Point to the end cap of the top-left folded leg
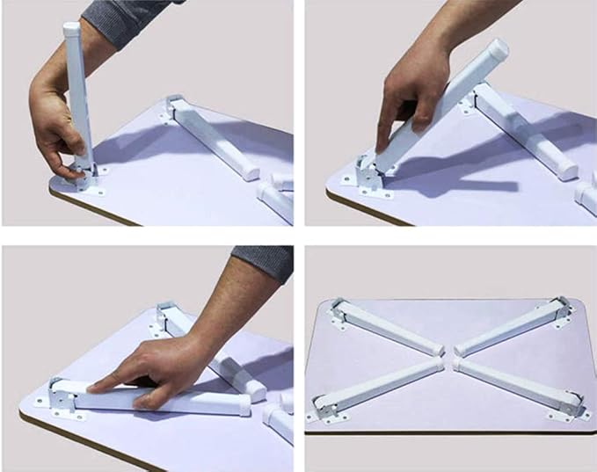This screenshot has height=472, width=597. (435, 349)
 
